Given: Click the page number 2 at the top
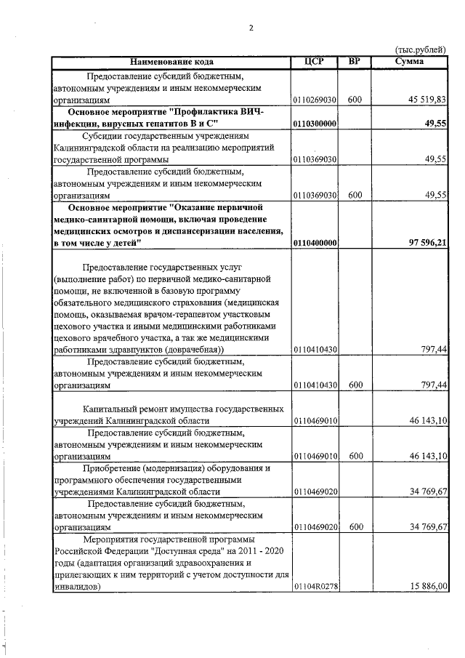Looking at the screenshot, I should pos(251,28).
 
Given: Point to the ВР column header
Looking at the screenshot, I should pos(355,62).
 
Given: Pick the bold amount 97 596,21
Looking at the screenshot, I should pos(424,242).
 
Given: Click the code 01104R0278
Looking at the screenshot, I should pos(315,586).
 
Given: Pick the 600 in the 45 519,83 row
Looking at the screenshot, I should pos(355,100).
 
